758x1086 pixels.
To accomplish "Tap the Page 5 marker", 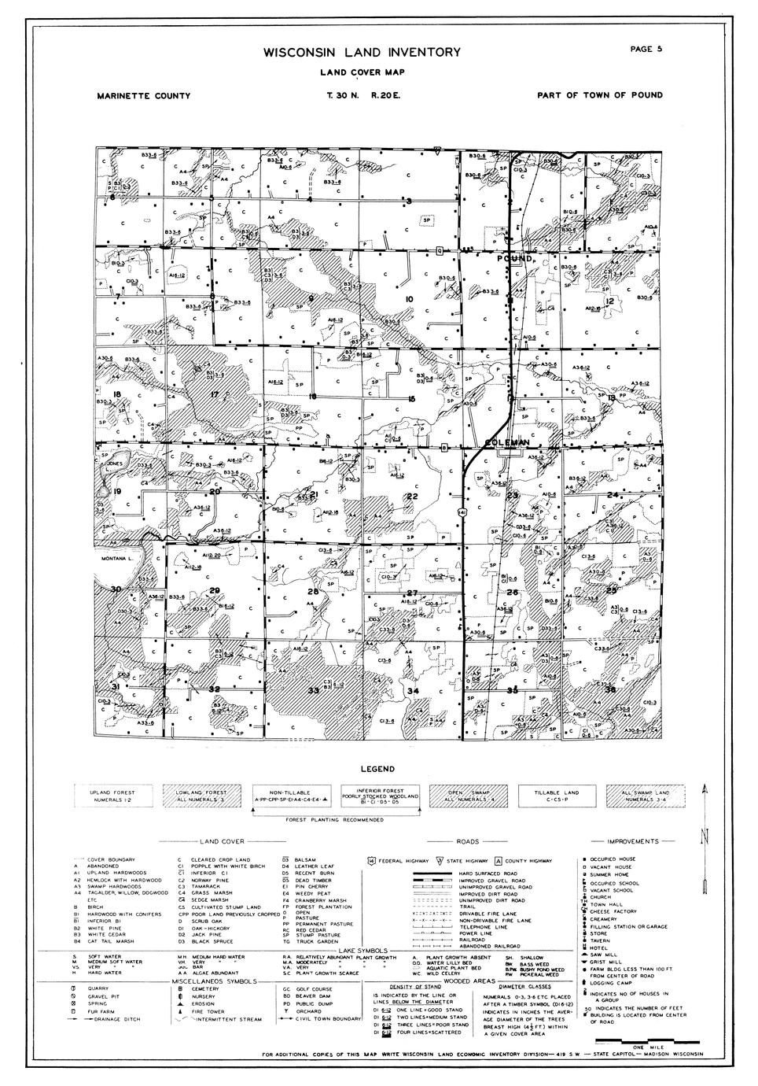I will point(646,49).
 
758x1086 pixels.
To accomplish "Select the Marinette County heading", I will point(144,96).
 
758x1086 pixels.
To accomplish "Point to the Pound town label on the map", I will point(516,258).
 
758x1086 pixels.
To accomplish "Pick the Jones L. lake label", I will point(115,464).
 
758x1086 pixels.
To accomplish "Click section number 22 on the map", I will point(411,497).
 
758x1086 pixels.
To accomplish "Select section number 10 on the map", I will point(409,299).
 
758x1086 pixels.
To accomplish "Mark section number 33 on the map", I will point(313,690).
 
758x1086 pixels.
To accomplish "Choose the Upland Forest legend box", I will point(112,796).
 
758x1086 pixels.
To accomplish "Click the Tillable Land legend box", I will point(556,796).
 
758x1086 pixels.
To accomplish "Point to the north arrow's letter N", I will point(705,835).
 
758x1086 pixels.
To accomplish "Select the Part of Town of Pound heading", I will point(599,96).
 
